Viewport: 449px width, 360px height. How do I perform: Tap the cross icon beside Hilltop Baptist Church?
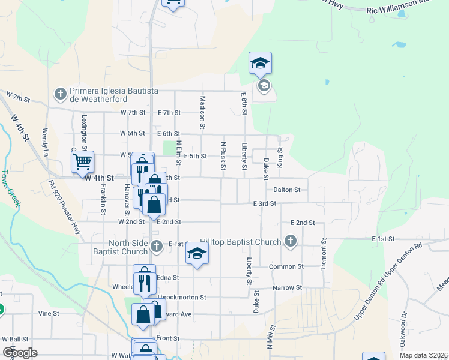[x=291, y=242]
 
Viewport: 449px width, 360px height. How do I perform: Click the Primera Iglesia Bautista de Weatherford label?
[x=114, y=94]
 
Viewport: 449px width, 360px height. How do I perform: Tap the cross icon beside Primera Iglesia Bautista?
[x=59, y=94]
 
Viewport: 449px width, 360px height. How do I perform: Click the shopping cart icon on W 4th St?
[x=82, y=161]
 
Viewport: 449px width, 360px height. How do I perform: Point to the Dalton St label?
[x=286, y=190]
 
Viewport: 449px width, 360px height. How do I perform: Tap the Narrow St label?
[x=287, y=288]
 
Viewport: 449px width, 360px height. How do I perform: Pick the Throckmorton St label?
[x=182, y=297]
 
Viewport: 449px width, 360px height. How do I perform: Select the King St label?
[x=280, y=158]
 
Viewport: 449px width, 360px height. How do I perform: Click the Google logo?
[x=20, y=353]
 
